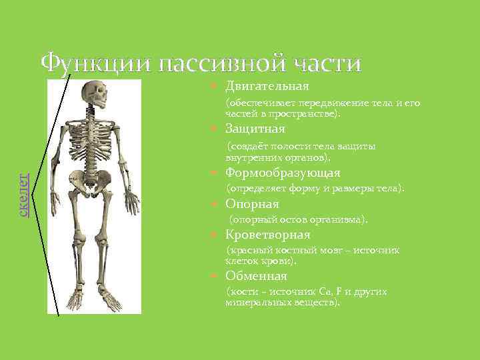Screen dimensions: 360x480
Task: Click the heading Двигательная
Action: (x=267, y=86)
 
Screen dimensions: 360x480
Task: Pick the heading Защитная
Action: (x=255, y=129)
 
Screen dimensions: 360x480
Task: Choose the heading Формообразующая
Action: (x=283, y=173)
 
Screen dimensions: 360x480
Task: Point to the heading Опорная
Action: (x=252, y=204)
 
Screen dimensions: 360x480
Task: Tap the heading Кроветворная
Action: (x=268, y=235)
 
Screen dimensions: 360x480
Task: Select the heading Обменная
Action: (x=256, y=276)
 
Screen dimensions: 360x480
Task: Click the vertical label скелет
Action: (x=24, y=194)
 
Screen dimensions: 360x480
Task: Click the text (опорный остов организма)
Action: (x=299, y=219)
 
